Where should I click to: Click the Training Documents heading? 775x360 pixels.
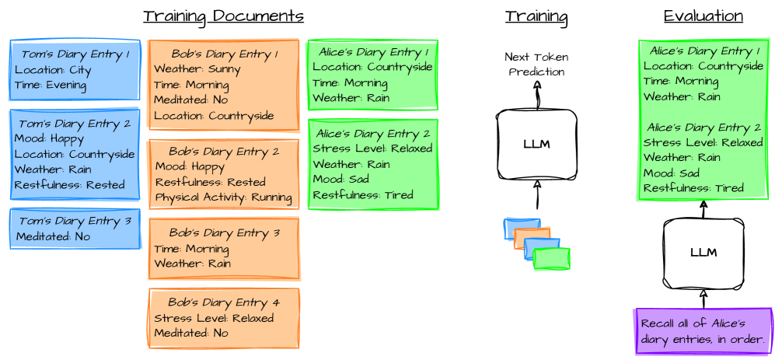click(x=223, y=16)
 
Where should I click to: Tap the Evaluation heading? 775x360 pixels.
click(x=703, y=16)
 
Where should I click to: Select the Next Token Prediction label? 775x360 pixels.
click(x=536, y=64)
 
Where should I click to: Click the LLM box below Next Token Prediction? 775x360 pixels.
click(x=536, y=144)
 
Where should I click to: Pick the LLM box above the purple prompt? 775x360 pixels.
click(x=703, y=253)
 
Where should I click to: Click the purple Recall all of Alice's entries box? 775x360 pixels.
click(x=703, y=331)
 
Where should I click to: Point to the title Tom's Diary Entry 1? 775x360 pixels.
click(x=75, y=54)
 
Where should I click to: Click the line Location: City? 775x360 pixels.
click(x=53, y=70)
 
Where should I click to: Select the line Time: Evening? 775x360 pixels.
click(x=51, y=85)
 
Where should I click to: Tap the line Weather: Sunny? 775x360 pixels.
click(x=187, y=69)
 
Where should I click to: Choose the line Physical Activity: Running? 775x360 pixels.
click(x=223, y=197)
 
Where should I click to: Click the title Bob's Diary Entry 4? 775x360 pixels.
click(x=223, y=302)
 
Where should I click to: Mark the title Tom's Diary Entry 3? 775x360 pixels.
click(x=75, y=222)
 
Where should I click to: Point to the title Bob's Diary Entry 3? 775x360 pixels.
click(x=223, y=233)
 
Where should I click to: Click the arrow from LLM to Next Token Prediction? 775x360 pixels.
click(x=536, y=95)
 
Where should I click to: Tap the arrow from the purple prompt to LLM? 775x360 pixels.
click(x=703, y=299)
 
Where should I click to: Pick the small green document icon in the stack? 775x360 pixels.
click(x=553, y=259)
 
